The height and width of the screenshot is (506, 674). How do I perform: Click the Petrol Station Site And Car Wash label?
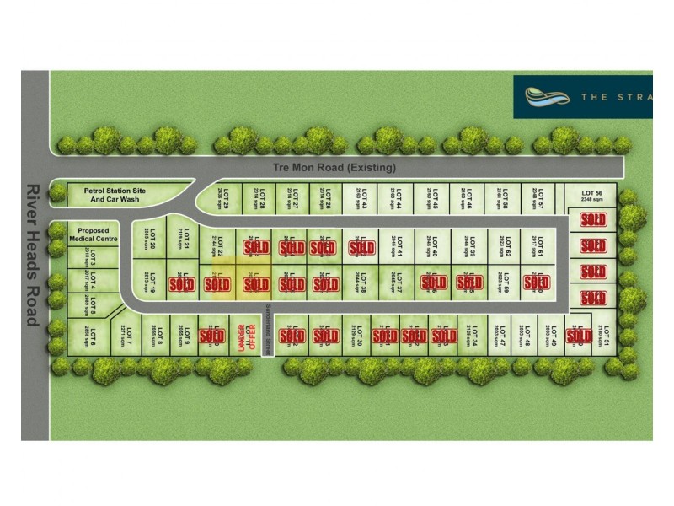click(115, 196)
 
